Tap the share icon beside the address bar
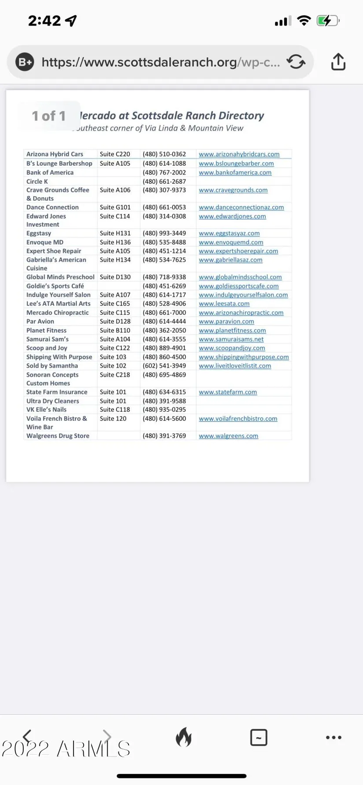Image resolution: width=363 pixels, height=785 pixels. click(338, 62)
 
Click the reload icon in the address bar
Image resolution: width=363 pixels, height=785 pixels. click(296, 62)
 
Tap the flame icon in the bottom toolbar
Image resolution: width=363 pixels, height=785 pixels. click(183, 737)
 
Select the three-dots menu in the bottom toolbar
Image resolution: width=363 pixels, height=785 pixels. click(334, 738)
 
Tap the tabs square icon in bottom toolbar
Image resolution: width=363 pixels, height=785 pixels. click(259, 738)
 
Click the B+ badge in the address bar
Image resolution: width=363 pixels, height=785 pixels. click(25, 62)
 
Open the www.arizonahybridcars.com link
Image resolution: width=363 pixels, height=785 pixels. click(239, 154)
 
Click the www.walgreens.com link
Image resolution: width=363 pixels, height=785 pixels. click(228, 436)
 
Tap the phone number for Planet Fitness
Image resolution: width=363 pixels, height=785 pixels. click(164, 331)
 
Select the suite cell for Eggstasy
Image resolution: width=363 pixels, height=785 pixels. click(115, 233)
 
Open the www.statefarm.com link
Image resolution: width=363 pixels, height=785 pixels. click(227, 392)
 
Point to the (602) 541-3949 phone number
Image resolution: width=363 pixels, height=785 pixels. click(164, 366)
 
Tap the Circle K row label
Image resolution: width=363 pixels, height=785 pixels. click(37, 182)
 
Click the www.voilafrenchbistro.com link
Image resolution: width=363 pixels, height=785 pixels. click(238, 418)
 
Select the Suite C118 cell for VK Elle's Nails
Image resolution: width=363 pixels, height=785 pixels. click(115, 410)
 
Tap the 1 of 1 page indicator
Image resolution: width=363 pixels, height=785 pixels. click(49, 116)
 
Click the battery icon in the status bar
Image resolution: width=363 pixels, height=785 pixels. click(328, 21)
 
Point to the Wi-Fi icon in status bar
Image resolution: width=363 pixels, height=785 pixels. click(304, 21)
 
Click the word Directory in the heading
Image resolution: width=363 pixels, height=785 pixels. click(241, 116)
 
